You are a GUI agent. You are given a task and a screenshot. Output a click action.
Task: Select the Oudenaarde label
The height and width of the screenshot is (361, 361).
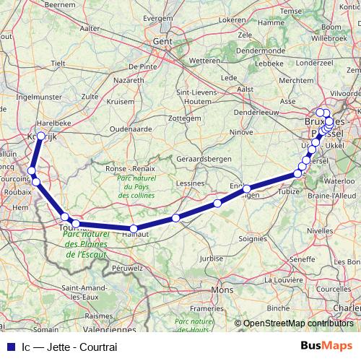click(128, 130)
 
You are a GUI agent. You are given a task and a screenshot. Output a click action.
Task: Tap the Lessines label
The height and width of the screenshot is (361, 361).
click(189, 183)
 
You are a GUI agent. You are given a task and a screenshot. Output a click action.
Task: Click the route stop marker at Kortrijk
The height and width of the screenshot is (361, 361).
click(41, 136)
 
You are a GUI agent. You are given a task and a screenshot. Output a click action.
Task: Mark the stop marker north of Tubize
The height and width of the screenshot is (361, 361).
click(297, 174)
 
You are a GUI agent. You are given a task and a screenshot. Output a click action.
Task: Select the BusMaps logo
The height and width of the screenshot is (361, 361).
click(326, 346)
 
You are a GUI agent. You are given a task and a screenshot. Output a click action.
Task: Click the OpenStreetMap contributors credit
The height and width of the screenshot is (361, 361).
click(297, 323)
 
